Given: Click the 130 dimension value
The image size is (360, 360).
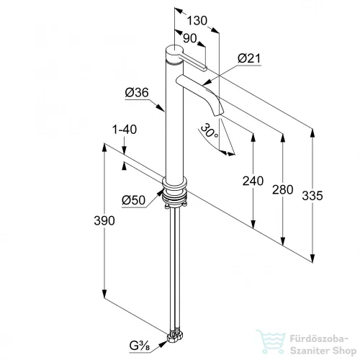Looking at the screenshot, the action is point(197,20).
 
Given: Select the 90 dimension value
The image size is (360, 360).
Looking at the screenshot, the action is point(190,38).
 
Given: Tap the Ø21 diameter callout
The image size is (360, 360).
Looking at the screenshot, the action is point(249,58).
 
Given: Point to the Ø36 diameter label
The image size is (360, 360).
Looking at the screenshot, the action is point(137,92).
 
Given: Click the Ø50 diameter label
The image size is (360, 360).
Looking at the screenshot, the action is point(133,200).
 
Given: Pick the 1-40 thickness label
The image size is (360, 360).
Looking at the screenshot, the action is point(125,130).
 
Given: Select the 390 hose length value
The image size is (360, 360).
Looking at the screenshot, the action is point(104,220).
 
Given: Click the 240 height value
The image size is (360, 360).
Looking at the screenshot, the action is point(253,181).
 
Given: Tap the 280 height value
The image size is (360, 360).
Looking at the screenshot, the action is point(283,189).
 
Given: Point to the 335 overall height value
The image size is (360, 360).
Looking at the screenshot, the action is point(312,196).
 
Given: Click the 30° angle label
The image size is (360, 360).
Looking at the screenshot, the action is point(209,131).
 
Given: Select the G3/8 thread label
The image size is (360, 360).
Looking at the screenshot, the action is point(140,346).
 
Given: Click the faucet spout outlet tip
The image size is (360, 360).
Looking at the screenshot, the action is point(219,114).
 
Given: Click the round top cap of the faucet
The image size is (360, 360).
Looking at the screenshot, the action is point(175,51).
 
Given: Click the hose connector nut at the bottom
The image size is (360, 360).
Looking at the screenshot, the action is point(175,337).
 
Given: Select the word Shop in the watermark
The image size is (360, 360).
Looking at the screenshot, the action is point(343,351).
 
